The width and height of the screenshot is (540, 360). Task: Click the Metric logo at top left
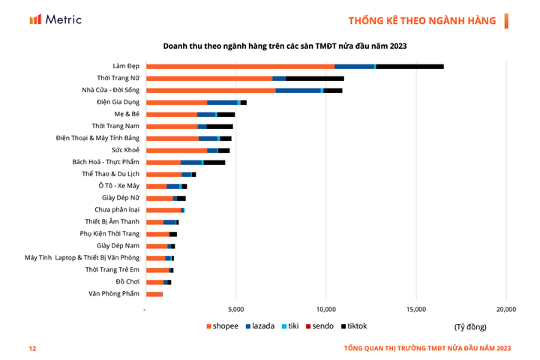click(x=55, y=19)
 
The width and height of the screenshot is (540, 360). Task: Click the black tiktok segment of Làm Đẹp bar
click(x=409, y=67)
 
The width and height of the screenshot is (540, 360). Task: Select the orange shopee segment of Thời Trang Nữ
click(x=209, y=78)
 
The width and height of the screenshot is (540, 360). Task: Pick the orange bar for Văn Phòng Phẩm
click(x=154, y=293)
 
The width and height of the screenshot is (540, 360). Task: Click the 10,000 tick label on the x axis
click(x=325, y=309)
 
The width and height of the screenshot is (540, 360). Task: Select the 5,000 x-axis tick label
click(x=236, y=309)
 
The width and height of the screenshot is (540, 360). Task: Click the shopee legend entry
click(x=223, y=326)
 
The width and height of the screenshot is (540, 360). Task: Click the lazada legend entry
click(x=260, y=326)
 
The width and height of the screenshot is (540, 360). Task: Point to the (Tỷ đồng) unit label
click(x=470, y=327)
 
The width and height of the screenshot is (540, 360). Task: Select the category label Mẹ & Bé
click(x=124, y=113)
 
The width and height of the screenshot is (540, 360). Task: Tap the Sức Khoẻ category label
click(x=122, y=149)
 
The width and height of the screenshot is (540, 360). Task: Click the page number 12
click(x=32, y=348)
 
